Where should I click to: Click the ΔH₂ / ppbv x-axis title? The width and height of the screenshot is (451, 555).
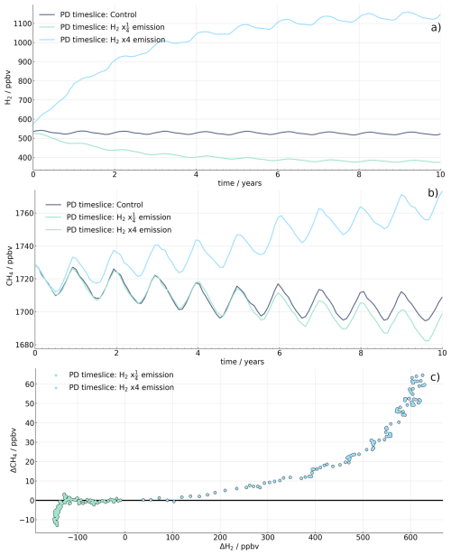pos(236,547)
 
